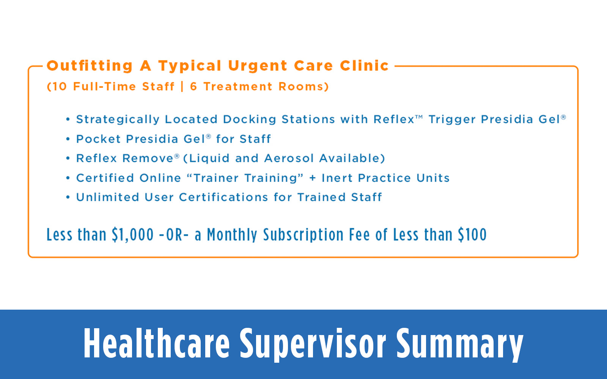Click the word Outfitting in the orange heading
pyautogui.click(x=90, y=66)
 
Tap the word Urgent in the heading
pyautogui.click(x=258, y=66)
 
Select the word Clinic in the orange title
pyautogui.click(x=364, y=66)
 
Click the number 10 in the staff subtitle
pyautogui.click(x=59, y=87)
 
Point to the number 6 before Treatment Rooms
pyautogui.click(x=193, y=87)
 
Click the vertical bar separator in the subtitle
pyautogui.click(x=182, y=87)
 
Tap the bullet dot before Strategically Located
pyautogui.click(x=68, y=119)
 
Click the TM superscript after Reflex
pyautogui.click(x=419, y=117)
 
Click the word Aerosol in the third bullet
pyautogui.click(x=289, y=158)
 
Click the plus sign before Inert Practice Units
pyautogui.click(x=313, y=178)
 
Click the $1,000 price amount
pyautogui.click(x=132, y=235)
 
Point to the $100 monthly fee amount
pyautogui.click(x=472, y=235)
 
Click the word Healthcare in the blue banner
pyautogui.click(x=157, y=344)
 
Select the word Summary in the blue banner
pyautogui.click(x=459, y=344)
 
